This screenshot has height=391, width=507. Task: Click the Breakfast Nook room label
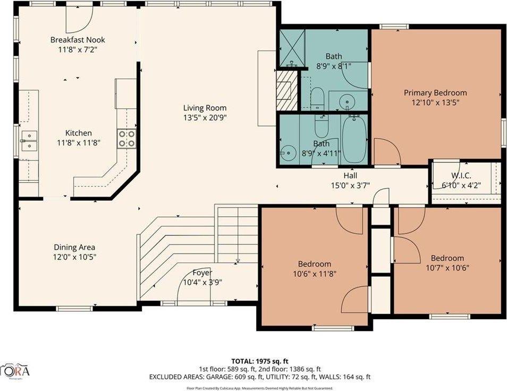coord(78,40)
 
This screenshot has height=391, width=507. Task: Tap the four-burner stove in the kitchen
coord(126,139)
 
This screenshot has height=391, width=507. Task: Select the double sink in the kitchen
coord(29,140)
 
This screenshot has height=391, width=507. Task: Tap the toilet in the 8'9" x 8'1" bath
coord(317,98)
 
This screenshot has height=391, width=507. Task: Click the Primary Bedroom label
coord(435,92)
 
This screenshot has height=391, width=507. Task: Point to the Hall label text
coord(350,176)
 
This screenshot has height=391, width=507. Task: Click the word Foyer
coord(202,273)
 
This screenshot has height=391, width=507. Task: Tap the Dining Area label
coord(74,247)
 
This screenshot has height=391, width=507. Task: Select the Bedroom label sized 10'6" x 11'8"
coord(314,264)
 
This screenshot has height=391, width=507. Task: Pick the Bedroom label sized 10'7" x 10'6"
coord(447,258)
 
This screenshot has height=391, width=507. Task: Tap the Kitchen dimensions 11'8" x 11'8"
coord(79,142)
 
